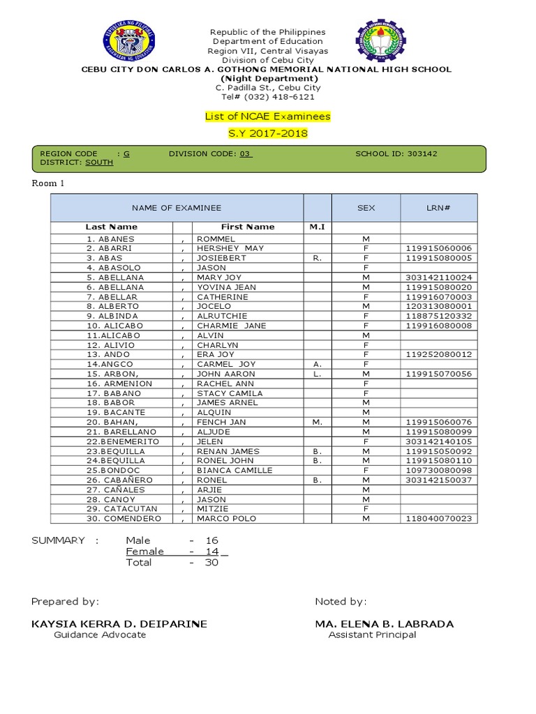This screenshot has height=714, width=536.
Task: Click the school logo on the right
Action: (381, 40)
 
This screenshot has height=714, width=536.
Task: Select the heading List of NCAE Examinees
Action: (268, 116)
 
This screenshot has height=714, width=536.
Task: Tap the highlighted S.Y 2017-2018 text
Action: (268, 133)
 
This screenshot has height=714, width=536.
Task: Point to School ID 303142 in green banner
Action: (396, 153)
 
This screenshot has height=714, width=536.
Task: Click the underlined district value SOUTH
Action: (99, 162)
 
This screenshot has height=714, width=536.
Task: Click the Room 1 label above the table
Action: (47, 183)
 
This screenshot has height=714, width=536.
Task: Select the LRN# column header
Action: (438, 208)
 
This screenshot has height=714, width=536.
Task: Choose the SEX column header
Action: (366, 208)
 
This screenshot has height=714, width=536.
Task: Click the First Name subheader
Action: (248, 227)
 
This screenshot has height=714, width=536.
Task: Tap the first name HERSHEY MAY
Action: (230, 248)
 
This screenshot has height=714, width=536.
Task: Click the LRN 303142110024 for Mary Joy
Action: (438, 278)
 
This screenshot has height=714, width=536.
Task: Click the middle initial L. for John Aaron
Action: (317, 374)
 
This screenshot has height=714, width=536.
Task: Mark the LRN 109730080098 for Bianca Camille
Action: (438, 471)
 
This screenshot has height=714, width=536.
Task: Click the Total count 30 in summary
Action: (211, 563)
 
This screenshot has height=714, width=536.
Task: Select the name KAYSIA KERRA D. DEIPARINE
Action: (119, 624)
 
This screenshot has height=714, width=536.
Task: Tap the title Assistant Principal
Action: (372, 635)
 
